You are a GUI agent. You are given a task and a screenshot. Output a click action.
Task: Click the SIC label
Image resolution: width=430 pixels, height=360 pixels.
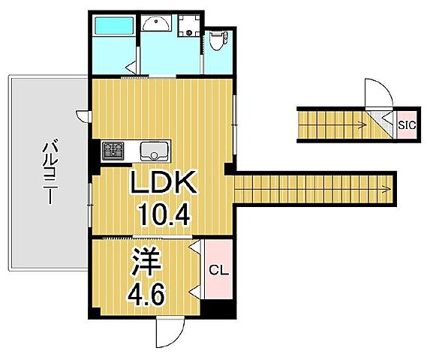pyautogui.click(x=407, y=125)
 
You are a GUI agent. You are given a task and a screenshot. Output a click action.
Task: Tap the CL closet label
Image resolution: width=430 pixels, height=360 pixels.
pyautogui.click(x=219, y=271)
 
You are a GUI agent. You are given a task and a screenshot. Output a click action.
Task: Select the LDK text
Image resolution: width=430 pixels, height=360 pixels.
pyautogui.click(x=164, y=182)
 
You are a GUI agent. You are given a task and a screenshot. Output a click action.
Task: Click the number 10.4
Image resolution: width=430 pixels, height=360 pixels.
pyautogui.click(x=164, y=214)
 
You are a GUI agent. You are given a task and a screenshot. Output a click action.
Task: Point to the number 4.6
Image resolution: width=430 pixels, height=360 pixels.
pyautogui.click(x=146, y=295)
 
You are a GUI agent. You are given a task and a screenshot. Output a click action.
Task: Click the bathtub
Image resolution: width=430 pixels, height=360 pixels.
pyautogui.click(x=114, y=25)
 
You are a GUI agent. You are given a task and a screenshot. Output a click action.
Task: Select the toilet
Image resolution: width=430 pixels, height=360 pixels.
pyautogui.click(x=218, y=40)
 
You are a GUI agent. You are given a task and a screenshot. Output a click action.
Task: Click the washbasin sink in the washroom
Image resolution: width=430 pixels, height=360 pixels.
pyautogui.click(x=156, y=22)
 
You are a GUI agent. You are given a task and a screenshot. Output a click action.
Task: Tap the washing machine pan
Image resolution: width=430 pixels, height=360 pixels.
pyautogui.click(x=188, y=25)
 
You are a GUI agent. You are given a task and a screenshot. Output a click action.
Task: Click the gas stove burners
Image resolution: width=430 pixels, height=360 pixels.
pyautogui.click(x=113, y=150)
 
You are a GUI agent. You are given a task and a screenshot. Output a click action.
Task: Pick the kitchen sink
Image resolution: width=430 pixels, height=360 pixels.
pyautogui.click(x=154, y=151)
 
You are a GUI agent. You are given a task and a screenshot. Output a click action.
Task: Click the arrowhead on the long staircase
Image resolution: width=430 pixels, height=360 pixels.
pyautogui.click(x=387, y=189)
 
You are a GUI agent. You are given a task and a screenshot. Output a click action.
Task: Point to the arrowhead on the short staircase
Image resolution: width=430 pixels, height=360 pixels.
pyautogui.click(x=364, y=125)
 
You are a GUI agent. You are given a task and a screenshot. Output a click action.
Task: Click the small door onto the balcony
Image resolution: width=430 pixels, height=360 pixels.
pyautogui.click(x=83, y=117)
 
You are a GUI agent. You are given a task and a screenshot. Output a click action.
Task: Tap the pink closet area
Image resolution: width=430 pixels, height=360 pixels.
pyautogui.click(x=218, y=269)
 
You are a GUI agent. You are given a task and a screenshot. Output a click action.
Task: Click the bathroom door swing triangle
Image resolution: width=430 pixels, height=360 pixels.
pyautogui.click(x=131, y=67)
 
